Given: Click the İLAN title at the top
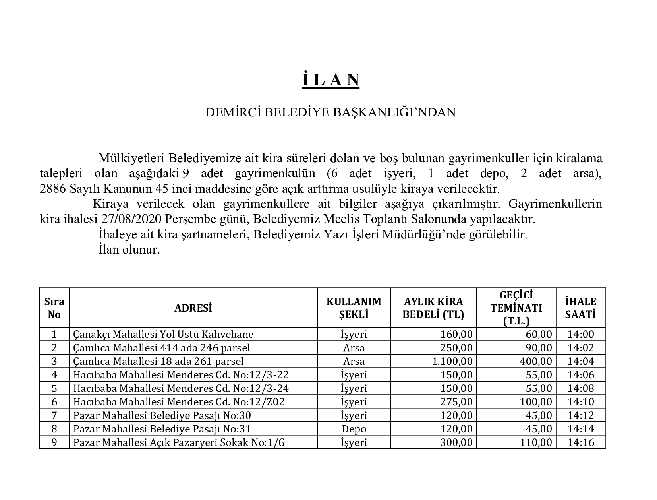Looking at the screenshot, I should [x=330, y=79].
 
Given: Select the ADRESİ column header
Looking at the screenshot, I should [x=193, y=308].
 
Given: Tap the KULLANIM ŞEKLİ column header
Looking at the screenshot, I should [x=354, y=308].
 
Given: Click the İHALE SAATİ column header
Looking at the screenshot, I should [x=580, y=308].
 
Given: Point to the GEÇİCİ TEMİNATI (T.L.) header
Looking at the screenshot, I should [x=516, y=308].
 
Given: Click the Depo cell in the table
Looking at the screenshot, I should [x=354, y=429].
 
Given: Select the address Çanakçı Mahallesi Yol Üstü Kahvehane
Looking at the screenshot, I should [x=163, y=334].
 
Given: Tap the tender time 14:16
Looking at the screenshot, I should [x=580, y=442].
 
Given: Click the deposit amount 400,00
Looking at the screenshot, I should [x=536, y=361].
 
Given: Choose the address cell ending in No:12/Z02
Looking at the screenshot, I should [x=179, y=402].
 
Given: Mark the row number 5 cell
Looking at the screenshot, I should [x=54, y=388].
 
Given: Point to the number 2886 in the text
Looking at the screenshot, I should [x=53, y=188].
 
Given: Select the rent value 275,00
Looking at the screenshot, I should [x=456, y=402].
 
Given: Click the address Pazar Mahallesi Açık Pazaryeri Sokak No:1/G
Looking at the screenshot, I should [x=179, y=442].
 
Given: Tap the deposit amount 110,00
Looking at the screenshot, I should [x=536, y=442].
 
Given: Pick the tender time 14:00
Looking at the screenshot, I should [x=580, y=334].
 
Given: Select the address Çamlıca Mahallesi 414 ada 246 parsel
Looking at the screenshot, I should [x=162, y=348].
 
